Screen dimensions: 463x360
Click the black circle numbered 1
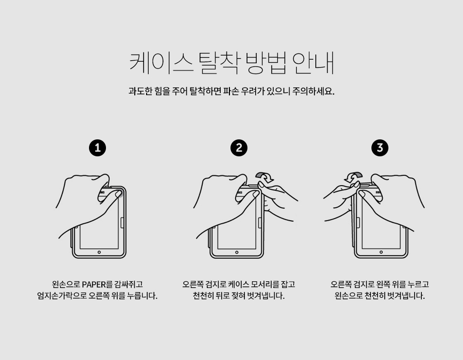pyautogui.click(x=97, y=148)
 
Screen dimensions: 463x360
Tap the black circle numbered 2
pyautogui.click(x=239, y=148)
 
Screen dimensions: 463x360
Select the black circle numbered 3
pyautogui.click(x=380, y=148)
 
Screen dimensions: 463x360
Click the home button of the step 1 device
pyautogui.click(x=99, y=253)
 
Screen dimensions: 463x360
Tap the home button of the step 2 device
pyautogui.click(x=237, y=253)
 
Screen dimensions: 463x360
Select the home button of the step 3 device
pyautogui.click(x=381, y=253)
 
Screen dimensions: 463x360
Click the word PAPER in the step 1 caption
pyautogui.click(x=94, y=284)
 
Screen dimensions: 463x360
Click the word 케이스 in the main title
pyautogui.click(x=161, y=63)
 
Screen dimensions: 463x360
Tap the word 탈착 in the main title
pyautogui.click(x=219, y=63)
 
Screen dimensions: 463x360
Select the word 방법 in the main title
pyautogui.click(x=266, y=63)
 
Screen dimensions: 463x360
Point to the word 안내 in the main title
pyautogui.click(x=313, y=63)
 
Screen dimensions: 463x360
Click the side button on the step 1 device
pyautogui.click(x=122, y=223)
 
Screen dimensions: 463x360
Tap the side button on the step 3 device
pyautogui.click(x=358, y=223)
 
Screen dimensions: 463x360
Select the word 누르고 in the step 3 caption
pyautogui.click(x=418, y=284)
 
